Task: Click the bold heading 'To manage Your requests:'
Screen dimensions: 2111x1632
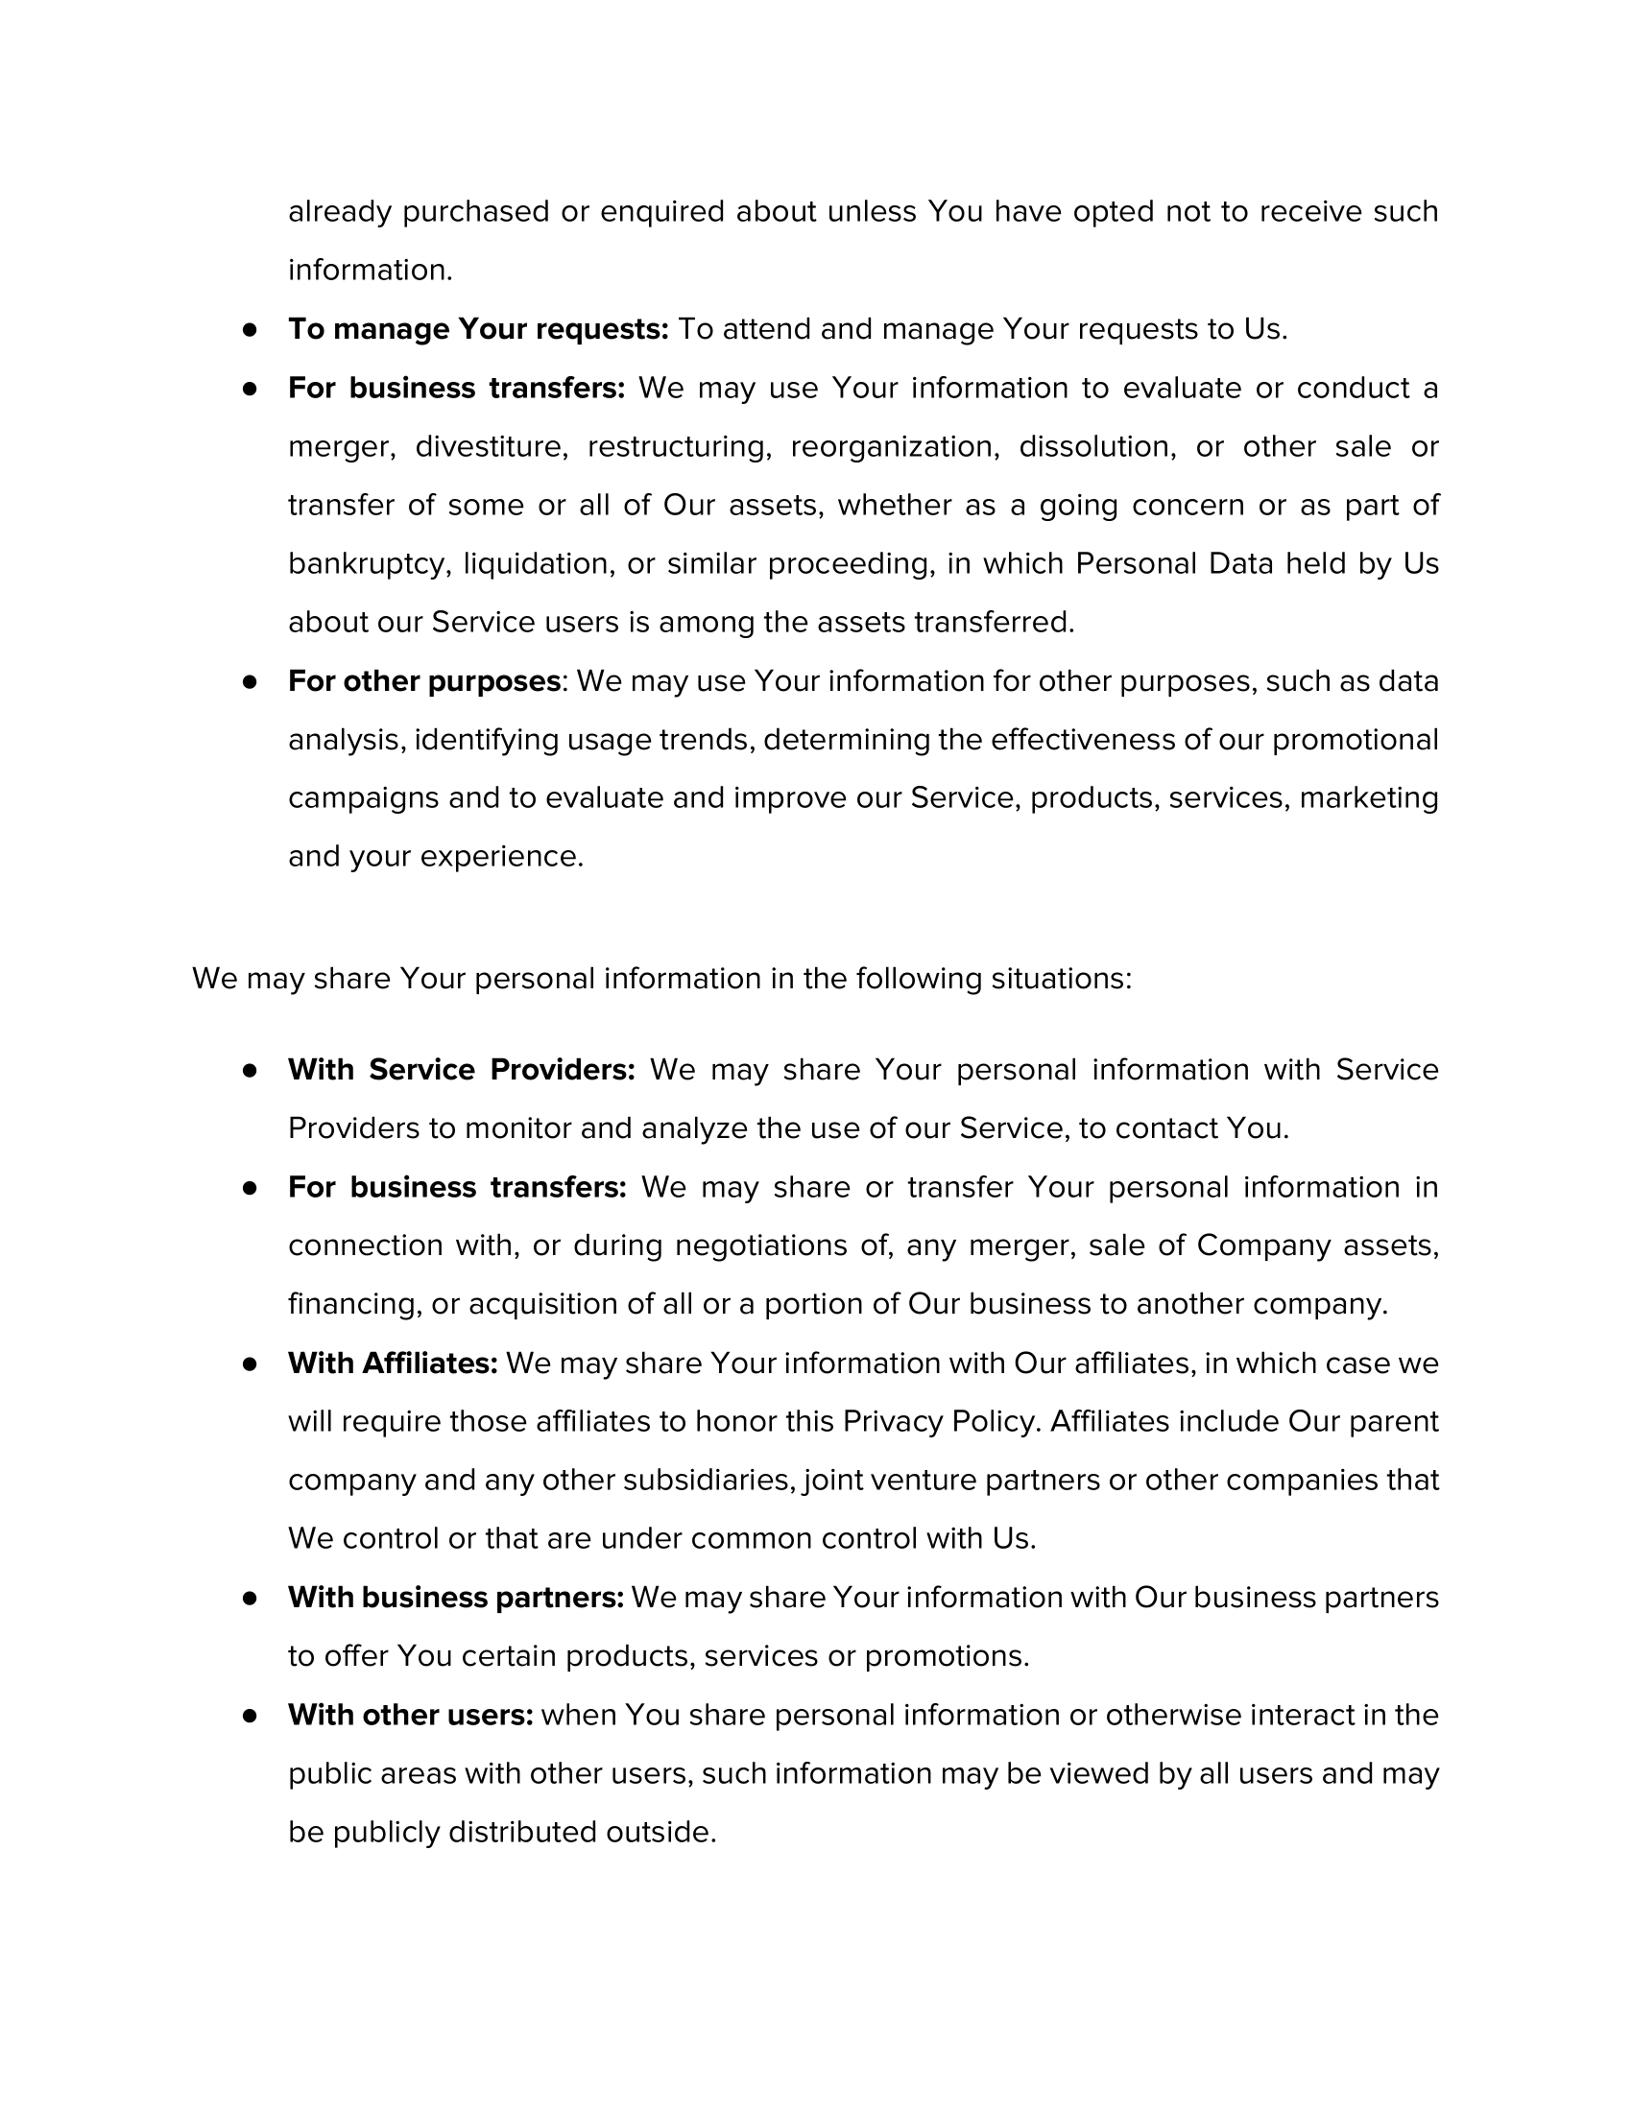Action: (x=478, y=329)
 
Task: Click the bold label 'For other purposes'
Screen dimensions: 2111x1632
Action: (x=423, y=681)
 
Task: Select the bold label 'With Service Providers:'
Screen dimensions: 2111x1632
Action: (x=461, y=1070)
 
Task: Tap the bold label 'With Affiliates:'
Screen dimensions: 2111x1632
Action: (x=393, y=1363)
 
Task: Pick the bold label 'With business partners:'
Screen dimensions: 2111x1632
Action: (x=455, y=1598)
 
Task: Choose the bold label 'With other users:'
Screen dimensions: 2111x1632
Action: (x=410, y=1715)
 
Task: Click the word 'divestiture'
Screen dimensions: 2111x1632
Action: (x=492, y=446)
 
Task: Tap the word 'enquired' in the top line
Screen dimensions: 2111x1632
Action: (x=662, y=212)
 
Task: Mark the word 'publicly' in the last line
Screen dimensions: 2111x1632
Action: (x=386, y=1832)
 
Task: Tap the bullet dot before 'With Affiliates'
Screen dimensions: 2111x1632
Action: (x=251, y=1364)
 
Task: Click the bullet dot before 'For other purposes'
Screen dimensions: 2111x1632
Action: (x=251, y=682)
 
